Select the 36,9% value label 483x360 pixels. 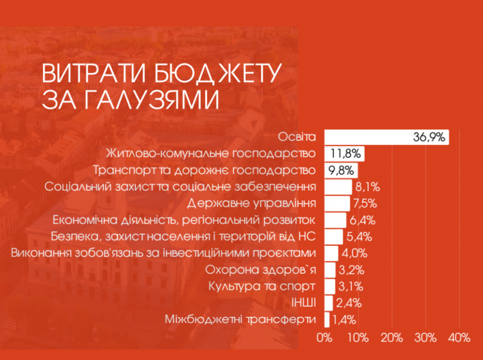(429, 137)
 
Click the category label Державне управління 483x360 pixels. (253, 202)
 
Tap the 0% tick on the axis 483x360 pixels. (325, 337)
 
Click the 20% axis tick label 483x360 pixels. (392, 337)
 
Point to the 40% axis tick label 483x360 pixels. (459, 337)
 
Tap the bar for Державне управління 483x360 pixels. (337, 203)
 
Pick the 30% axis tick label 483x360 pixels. (426, 337)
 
